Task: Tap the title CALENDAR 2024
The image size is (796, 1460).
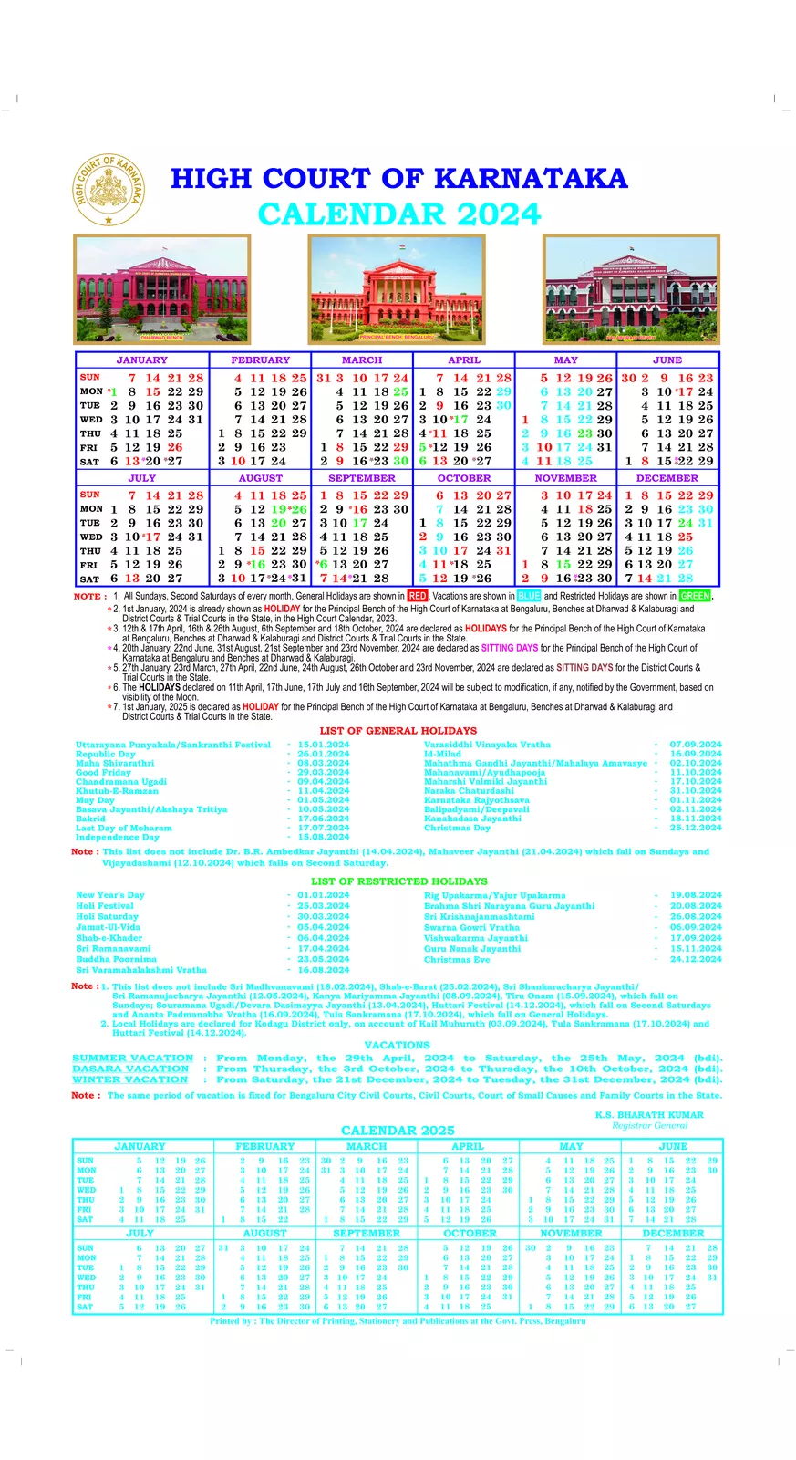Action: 399,214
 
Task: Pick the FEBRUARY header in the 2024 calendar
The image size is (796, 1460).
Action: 260,360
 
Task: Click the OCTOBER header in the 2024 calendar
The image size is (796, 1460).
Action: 464,478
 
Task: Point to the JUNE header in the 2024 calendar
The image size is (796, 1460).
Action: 667,360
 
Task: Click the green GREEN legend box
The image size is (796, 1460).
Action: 695,596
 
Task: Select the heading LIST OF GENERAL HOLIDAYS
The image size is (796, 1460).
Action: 398,731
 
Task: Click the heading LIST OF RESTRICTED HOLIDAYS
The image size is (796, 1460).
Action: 398,881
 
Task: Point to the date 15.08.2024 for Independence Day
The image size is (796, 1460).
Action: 323,837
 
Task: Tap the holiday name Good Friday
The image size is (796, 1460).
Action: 103,772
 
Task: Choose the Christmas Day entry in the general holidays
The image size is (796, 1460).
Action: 457,828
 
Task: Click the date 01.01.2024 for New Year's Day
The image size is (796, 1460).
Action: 323,895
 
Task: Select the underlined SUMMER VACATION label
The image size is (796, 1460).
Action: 132,1058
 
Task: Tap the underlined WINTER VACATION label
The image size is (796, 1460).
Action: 130,1079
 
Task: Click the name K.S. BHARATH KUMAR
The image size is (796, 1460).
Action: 649,1115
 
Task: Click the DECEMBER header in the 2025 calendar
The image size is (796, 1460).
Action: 673,1233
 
